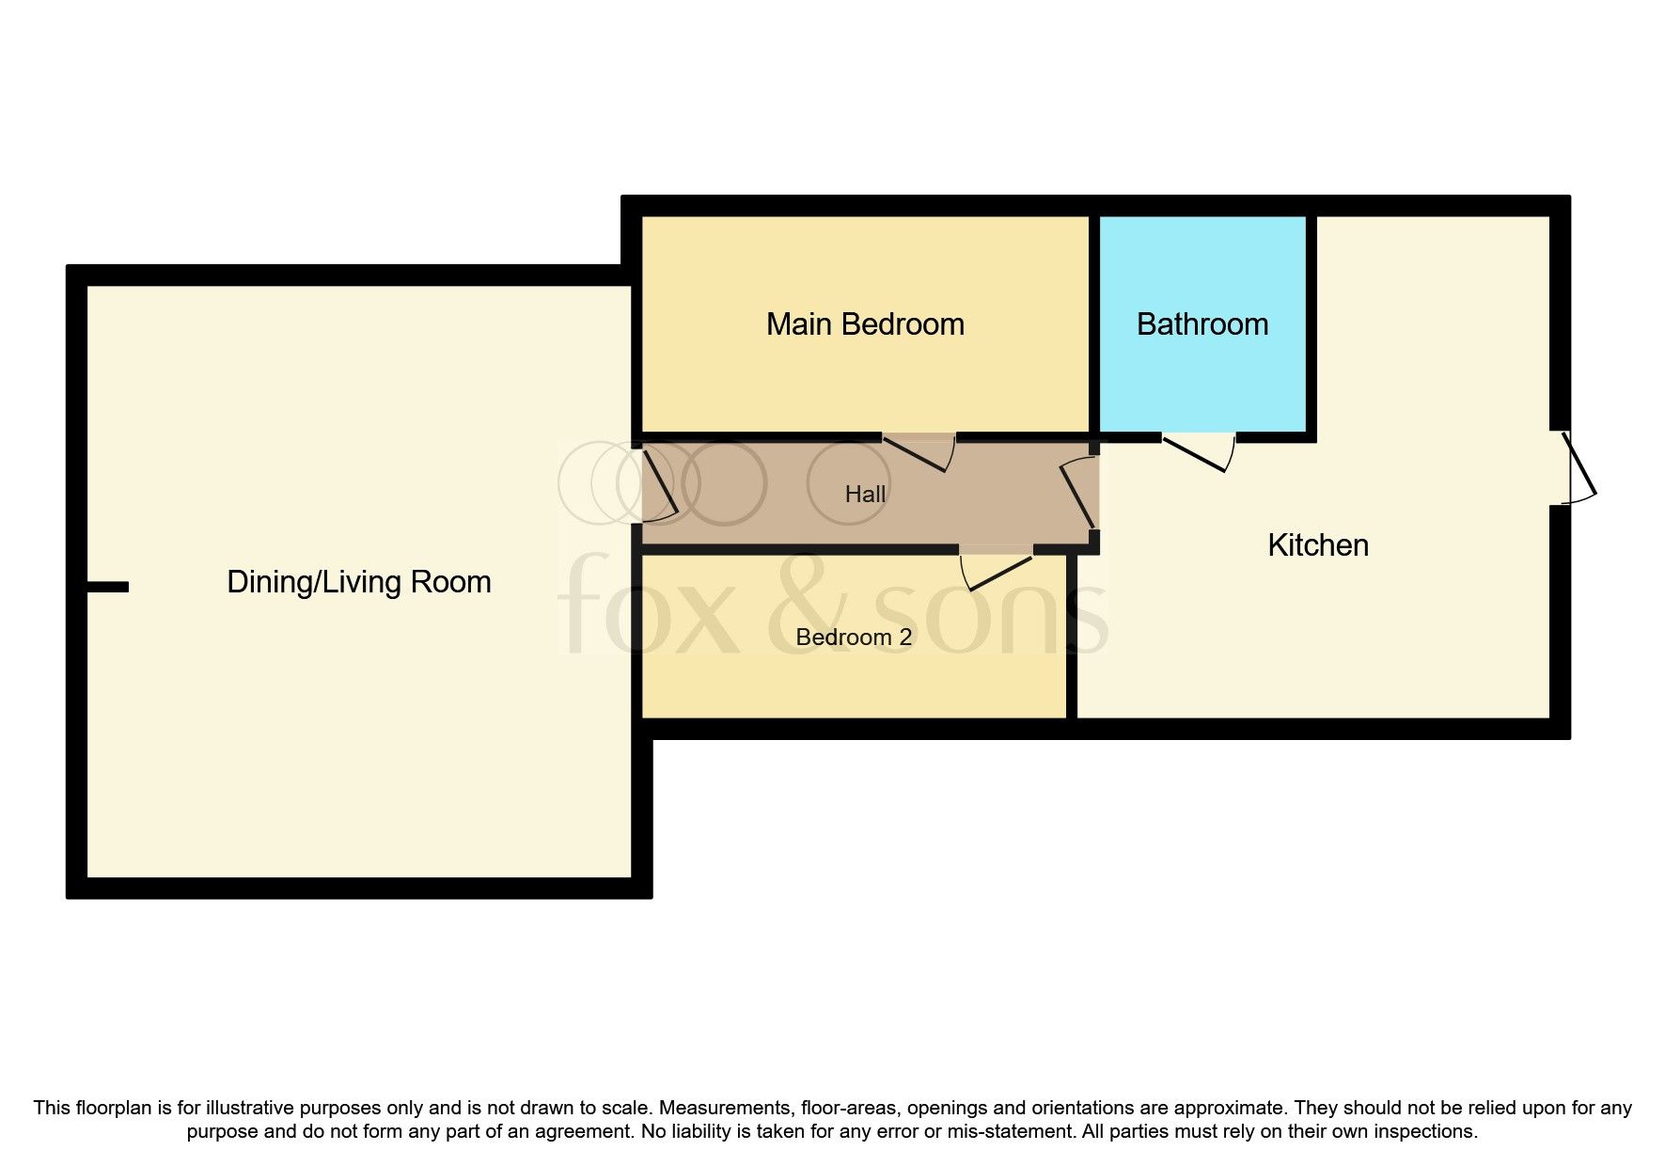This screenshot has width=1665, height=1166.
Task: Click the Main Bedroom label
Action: [865, 324]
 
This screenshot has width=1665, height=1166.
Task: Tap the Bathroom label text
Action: [1202, 324]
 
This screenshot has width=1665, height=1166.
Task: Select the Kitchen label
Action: [1317, 545]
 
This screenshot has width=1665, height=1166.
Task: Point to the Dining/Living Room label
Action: [358, 582]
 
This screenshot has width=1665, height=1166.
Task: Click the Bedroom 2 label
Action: [853, 638]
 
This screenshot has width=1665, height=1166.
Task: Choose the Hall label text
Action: [865, 494]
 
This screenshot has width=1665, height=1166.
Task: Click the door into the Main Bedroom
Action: [919, 453]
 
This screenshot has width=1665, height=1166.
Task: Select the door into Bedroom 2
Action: [997, 572]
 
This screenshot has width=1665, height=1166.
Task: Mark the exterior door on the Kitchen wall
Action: [1578, 467]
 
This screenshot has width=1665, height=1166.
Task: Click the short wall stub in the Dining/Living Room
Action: [107, 587]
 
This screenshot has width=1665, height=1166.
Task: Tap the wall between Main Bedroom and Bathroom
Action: [1094, 324]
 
